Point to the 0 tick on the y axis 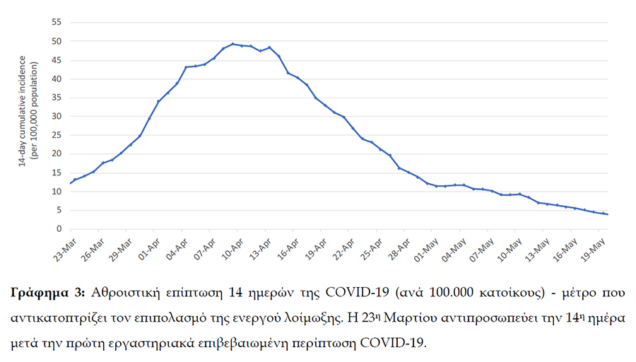coord(59,229)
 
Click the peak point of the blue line coord(233,44)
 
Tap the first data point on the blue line coord(70,183)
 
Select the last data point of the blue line coord(608,214)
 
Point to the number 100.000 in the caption coord(452,293)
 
